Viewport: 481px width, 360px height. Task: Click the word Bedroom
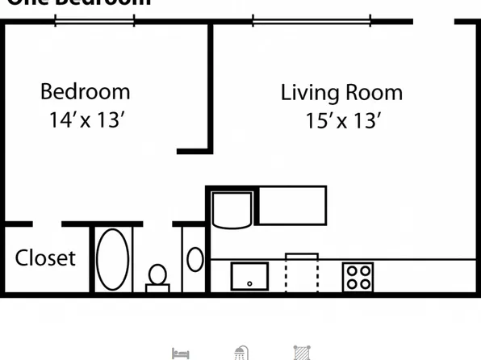[85, 91]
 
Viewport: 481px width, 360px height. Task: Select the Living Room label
[341, 92]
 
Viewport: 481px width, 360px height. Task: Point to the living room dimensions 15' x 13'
[342, 121]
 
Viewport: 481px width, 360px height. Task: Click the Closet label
[45, 257]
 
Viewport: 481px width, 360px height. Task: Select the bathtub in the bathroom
[113, 259]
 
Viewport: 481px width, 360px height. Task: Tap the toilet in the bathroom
[157, 277]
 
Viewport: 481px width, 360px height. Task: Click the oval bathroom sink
[195, 259]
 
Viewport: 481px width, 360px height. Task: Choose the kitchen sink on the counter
[249, 276]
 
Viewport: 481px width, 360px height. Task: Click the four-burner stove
[358, 276]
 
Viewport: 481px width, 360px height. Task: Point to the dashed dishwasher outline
[302, 273]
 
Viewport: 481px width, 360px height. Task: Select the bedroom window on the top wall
[94, 21]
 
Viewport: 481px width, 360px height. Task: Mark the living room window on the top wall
[312, 21]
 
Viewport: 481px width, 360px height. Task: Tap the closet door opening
[48, 224]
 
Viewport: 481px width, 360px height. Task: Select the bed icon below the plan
[181, 353]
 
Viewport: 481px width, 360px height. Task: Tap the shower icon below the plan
[240, 353]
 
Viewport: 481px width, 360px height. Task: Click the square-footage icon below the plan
[302, 353]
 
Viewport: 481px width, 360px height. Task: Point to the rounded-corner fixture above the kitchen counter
[232, 209]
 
